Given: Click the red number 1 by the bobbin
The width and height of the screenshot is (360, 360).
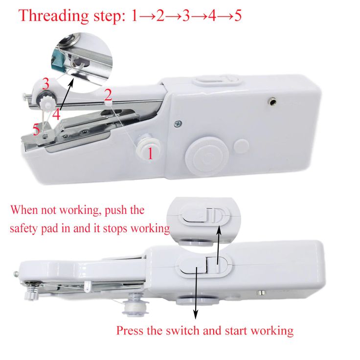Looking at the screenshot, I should (150, 153).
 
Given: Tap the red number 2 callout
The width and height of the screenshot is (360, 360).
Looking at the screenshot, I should (108, 93).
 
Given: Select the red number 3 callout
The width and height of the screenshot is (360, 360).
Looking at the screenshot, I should (45, 83).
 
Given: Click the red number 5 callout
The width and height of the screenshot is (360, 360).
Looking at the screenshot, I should (36, 130).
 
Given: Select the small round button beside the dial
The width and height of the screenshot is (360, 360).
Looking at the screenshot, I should (241, 146).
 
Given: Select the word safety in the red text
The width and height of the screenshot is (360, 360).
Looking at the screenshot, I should (25, 228).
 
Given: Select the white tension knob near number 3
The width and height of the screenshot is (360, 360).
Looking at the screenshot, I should (47, 101).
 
